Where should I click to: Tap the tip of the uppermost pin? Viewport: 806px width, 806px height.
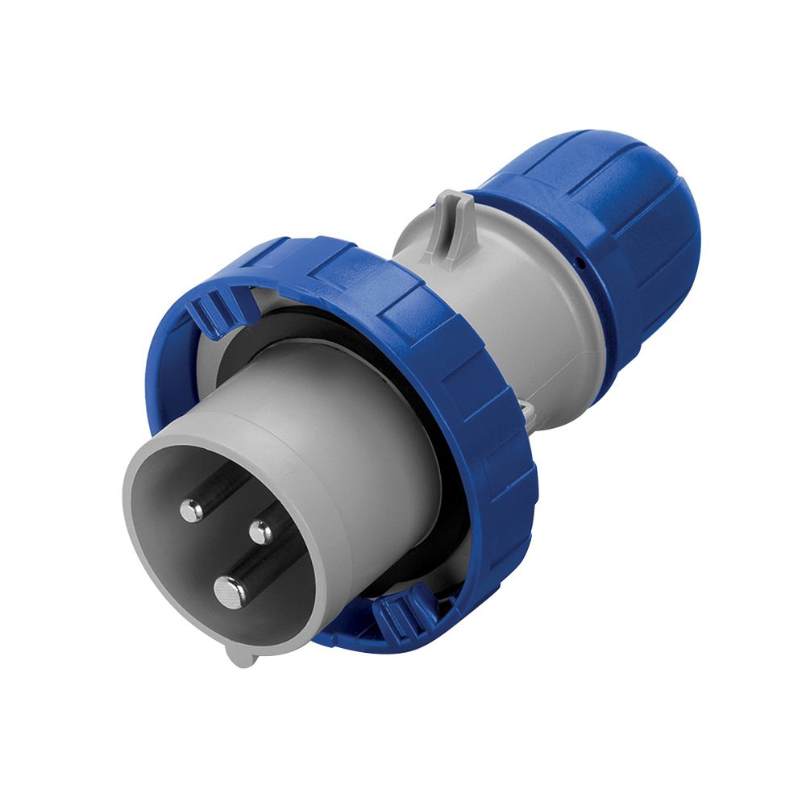pyautogui.click(x=192, y=509)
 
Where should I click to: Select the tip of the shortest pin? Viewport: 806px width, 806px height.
pyautogui.click(x=260, y=531)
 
